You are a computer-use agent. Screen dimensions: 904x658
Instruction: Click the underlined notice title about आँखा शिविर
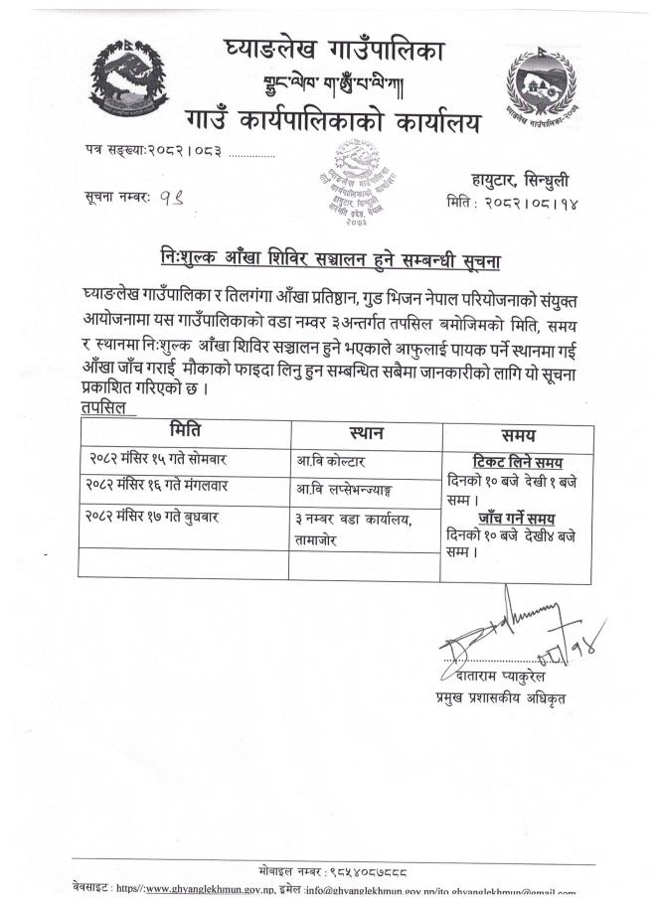(x=329, y=258)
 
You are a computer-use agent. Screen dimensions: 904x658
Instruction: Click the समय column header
(x=518, y=434)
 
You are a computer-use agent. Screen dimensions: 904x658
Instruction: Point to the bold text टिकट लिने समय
(x=515, y=462)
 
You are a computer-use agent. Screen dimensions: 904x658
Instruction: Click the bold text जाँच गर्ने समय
(x=515, y=518)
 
